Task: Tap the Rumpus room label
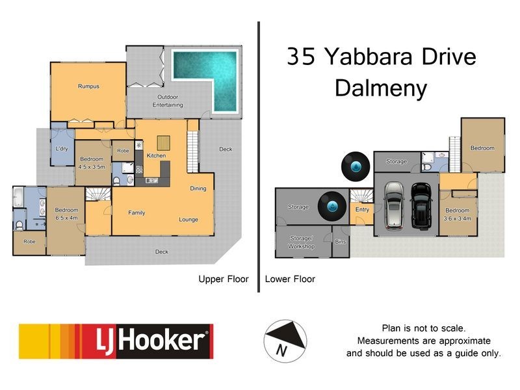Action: [88, 86]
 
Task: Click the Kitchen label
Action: [156, 156]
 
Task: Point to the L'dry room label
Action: [62, 149]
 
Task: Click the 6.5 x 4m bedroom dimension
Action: [66, 218]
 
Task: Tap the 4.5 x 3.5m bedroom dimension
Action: [92, 166]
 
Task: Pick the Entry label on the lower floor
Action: [362, 209]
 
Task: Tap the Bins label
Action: [341, 242]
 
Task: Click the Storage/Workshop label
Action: [302, 243]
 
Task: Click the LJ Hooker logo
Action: [116, 341]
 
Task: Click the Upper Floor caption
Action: [223, 279]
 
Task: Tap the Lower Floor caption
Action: [291, 279]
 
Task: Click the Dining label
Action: [198, 189]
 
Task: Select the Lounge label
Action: [188, 220]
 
